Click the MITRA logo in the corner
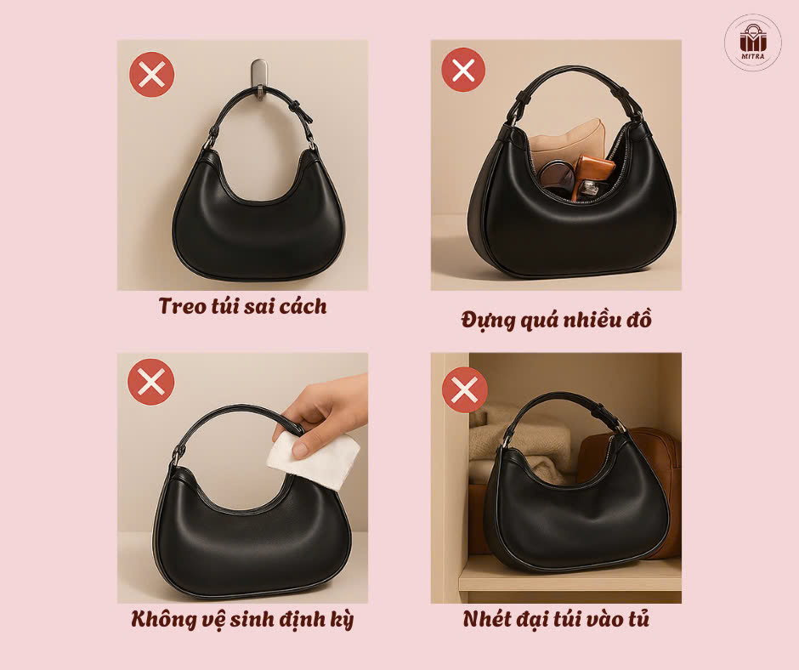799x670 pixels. (752, 42)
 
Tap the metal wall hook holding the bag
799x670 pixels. (259, 78)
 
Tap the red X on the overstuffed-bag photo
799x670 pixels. (463, 70)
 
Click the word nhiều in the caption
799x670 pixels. (592, 321)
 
